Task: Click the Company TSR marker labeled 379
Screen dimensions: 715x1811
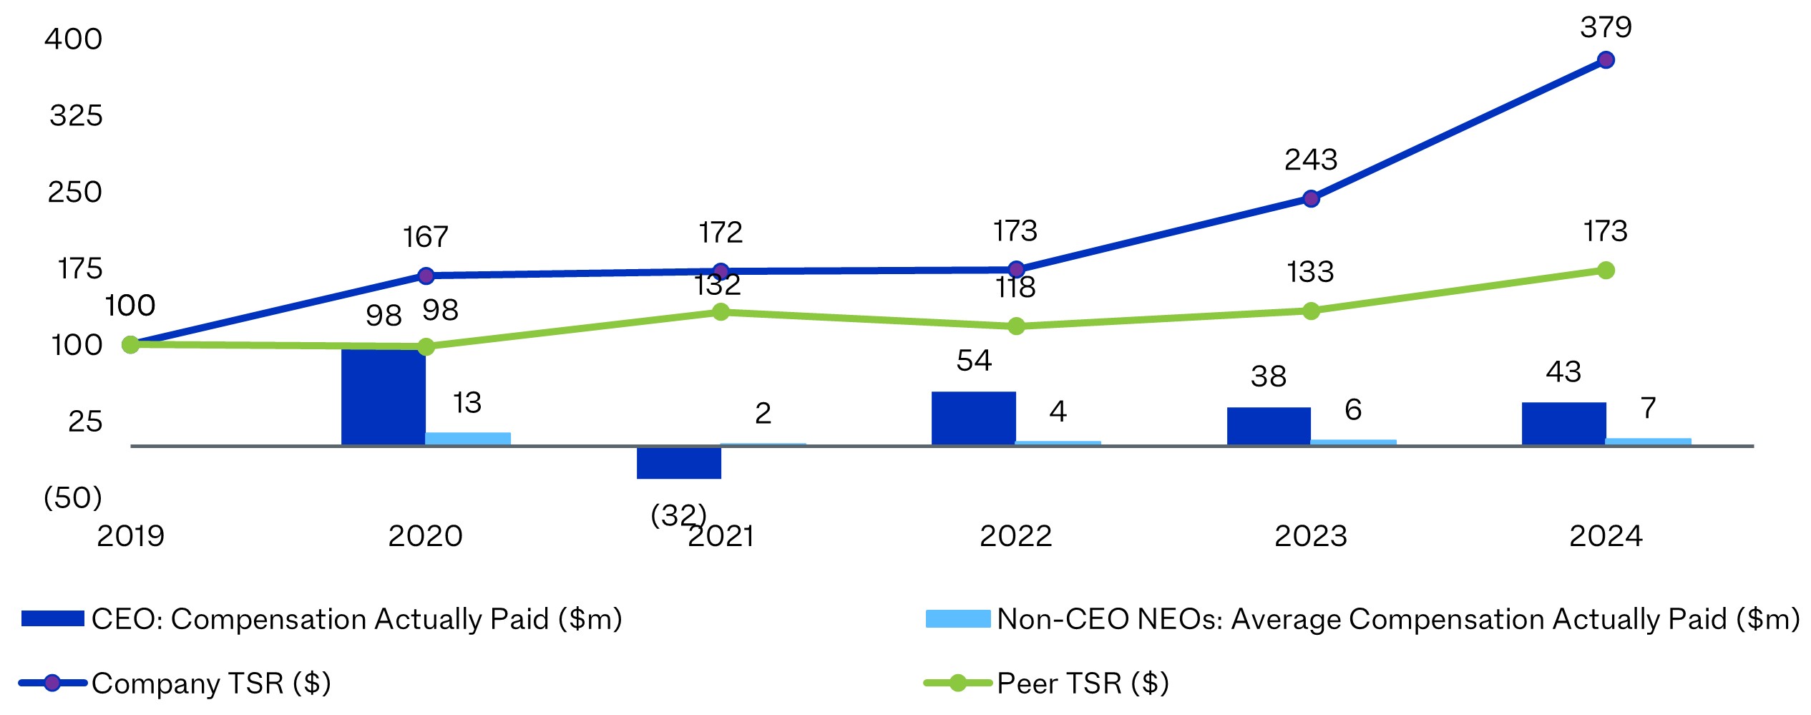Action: click(x=1606, y=60)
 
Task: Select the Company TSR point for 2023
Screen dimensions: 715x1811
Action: click(x=1311, y=199)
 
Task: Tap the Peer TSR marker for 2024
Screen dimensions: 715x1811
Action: click(x=1606, y=271)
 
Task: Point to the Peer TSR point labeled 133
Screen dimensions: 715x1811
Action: click(x=1311, y=311)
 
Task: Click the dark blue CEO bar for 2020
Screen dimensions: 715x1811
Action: click(x=383, y=397)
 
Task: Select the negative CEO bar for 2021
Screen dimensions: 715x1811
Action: click(x=678, y=463)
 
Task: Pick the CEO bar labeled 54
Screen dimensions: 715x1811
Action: click(x=973, y=419)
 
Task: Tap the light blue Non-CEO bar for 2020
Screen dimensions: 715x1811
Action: click(x=468, y=439)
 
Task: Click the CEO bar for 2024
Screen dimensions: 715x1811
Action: click(x=1563, y=424)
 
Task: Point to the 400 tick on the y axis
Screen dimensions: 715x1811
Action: click(x=74, y=39)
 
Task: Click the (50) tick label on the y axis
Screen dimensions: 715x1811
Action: click(x=72, y=498)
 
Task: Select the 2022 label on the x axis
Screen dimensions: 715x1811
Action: click(x=1015, y=536)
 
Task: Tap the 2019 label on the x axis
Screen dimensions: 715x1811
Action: click(x=130, y=536)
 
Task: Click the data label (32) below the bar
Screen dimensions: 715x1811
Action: click(x=678, y=515)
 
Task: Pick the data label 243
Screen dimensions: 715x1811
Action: click(x=1311, y=160)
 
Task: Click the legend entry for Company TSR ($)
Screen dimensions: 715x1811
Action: click(x=210, y=684)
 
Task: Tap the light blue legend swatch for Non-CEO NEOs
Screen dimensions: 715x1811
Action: click(x=957, y=619)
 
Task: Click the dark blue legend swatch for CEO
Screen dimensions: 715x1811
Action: click(x=53, y=619)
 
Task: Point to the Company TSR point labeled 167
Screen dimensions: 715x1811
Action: click(x=426, y=276)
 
